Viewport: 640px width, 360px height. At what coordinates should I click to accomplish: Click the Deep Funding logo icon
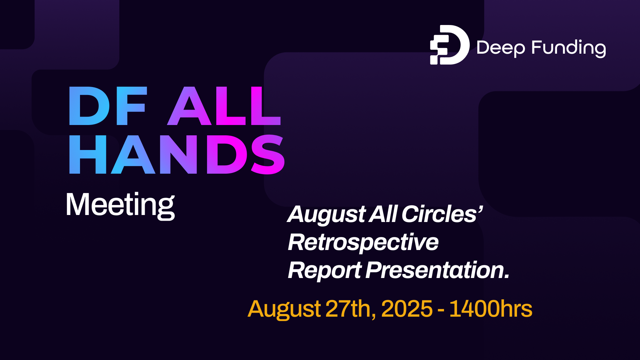pos(449,45)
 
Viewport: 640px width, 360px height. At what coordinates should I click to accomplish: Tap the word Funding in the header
pos(568,48)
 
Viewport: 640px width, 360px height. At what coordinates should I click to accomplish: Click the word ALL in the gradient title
pos(224,106)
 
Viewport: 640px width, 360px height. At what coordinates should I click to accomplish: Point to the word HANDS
pos(177,155)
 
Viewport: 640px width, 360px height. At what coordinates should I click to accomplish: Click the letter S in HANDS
pos(268,155)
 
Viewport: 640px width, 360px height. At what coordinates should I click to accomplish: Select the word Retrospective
pos(363,242)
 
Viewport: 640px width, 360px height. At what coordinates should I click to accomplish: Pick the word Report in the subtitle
pos(324,270)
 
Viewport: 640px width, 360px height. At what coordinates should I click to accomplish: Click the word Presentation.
pos(437,270)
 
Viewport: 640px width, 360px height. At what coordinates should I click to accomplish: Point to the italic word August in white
pos(326,214)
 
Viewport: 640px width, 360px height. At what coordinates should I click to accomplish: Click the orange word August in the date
pos(284,309)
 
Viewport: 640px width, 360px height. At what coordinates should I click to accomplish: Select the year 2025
pos(407,309)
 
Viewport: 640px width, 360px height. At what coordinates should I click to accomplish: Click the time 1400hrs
pos(491,309)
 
